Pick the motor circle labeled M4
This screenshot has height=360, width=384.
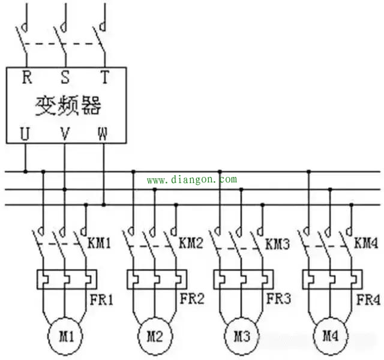pyautogui.click(x=329, y=334)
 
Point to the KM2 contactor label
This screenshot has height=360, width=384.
pyautogui.click(x=191, y=245)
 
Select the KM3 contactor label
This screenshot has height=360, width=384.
pyautogui.click(x=278, y=245)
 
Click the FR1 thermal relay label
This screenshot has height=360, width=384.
pyautogui.click(x=102, y=299)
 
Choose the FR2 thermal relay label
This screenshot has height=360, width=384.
pyautogui.click(x=190, y=299)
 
